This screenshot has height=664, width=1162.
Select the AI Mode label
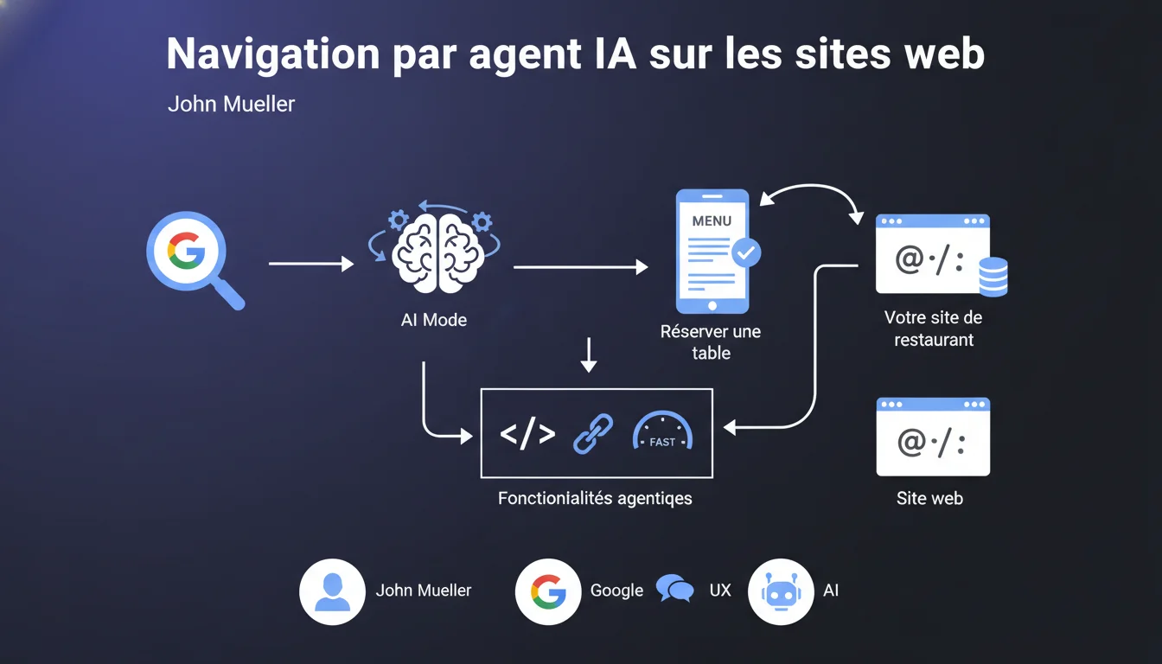point(434,320)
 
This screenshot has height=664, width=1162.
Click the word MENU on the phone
point(712,221)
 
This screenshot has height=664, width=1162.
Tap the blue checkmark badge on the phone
point(746,252)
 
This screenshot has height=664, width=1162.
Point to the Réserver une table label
point(711,342)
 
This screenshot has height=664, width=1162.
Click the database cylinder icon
point(993,277)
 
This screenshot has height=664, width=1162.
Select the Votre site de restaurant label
point(933,329)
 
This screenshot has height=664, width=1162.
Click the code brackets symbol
point(527,433)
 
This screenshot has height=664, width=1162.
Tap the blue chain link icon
point(593,434)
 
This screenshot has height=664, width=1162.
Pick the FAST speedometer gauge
point(662,431)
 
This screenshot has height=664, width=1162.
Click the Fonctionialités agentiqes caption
point(595,499)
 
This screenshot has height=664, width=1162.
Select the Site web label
point(929,498)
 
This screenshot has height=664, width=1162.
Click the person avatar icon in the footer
point(332,591)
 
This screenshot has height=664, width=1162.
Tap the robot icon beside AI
point(781,591)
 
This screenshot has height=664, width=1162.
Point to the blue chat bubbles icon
point(674,588)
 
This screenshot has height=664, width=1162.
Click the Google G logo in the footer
point(548,591)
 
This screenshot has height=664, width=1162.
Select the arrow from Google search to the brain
point(311,264)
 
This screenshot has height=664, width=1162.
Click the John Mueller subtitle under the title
point(232,105)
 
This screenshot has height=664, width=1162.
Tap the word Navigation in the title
point(273,54)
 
